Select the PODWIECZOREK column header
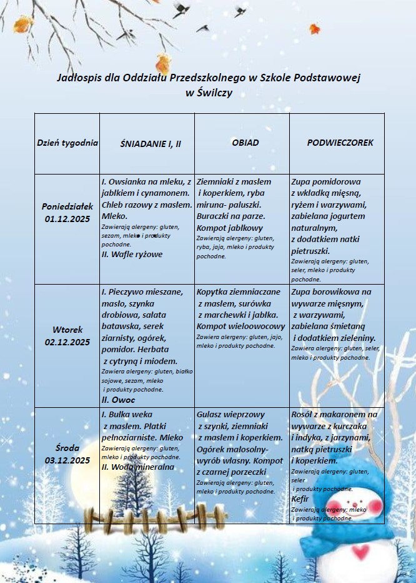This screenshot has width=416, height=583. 340,143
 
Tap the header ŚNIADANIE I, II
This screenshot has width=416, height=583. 151,143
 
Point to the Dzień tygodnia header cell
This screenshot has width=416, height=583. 67,143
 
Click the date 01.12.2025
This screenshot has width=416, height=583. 67,218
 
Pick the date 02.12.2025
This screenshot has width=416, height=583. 67,342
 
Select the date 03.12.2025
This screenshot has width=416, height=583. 67,460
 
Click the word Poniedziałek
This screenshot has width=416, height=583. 67,206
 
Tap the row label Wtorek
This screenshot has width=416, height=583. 67,330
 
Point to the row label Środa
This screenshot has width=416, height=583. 67,449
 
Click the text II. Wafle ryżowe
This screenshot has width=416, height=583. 132,254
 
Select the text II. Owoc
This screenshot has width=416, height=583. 118,398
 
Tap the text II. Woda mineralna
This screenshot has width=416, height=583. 138,467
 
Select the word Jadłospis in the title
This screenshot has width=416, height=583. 77,78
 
